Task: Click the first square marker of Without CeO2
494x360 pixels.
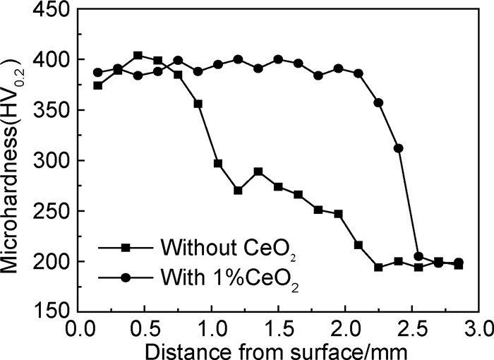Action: tap(98, 85)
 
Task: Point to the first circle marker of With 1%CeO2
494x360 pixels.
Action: tap(98, 73)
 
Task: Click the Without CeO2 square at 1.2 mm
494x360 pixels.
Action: tap(238, 191)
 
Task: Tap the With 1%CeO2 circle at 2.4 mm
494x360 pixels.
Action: tap(398, 148)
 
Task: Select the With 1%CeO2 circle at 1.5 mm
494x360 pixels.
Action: tap(278, 59)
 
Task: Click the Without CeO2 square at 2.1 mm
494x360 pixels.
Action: tap(359, 245)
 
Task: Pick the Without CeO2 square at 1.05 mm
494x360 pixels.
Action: tap(218, 163)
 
